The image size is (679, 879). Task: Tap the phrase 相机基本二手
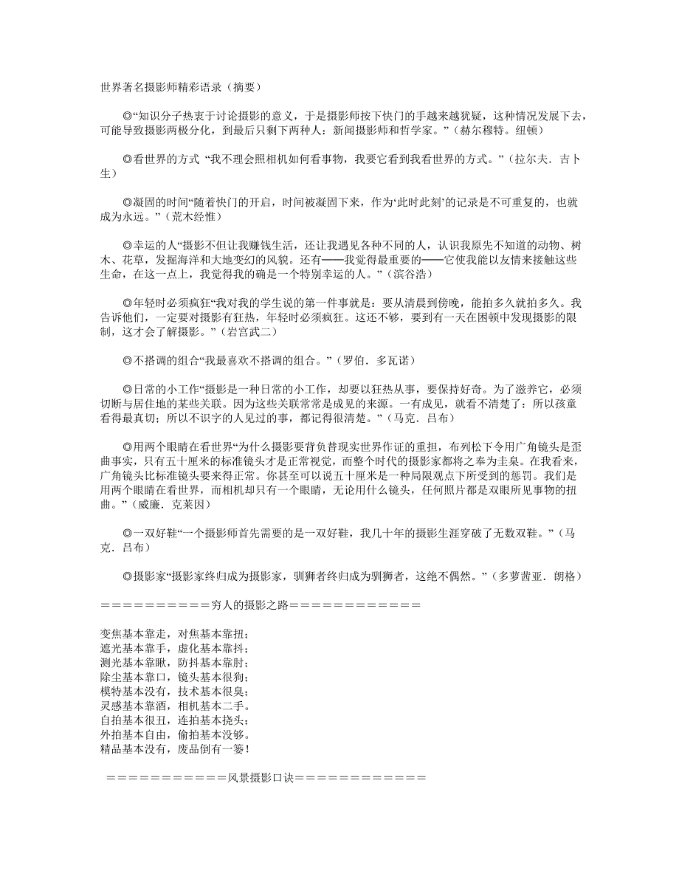click(x=213, y=706)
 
